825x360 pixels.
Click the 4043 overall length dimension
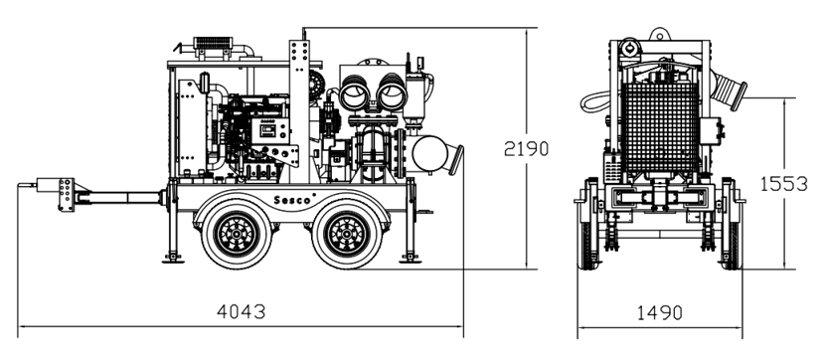click(x=241, y=311)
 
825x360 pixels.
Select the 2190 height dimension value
click(x=526, y=149)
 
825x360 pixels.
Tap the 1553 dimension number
click(x=783, y=184)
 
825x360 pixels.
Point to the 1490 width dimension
click(x=660, y=312)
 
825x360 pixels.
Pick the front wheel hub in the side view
click(x=238, y=234)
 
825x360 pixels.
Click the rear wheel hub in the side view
click(x=347, y=234)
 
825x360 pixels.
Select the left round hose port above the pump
click(x=356, y=93)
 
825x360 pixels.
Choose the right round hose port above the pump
click(x=392, y=93)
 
